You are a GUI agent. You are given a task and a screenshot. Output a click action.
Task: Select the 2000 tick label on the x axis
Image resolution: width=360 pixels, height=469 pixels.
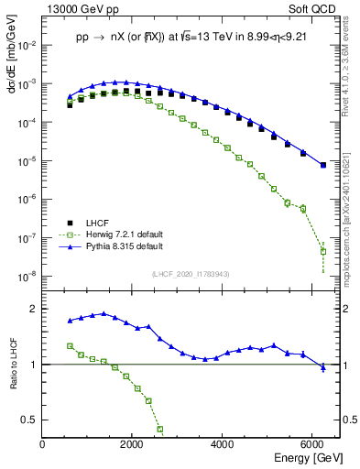[x=133, y=444]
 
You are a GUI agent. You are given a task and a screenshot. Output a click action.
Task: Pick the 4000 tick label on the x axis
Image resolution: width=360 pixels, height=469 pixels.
[x=223, y=444]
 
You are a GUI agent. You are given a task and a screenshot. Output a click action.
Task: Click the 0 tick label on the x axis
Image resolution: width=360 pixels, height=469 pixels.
[x=43, y=444]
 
